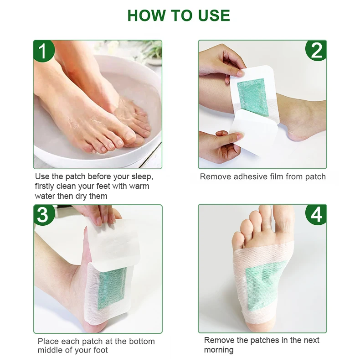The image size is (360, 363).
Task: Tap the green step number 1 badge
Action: point(43,51)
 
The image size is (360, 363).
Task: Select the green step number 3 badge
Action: point(43,215)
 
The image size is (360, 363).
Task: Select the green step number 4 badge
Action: point(316,215)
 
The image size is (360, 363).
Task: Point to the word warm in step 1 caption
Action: point(138,186)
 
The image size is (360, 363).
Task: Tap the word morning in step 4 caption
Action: point(219,350)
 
